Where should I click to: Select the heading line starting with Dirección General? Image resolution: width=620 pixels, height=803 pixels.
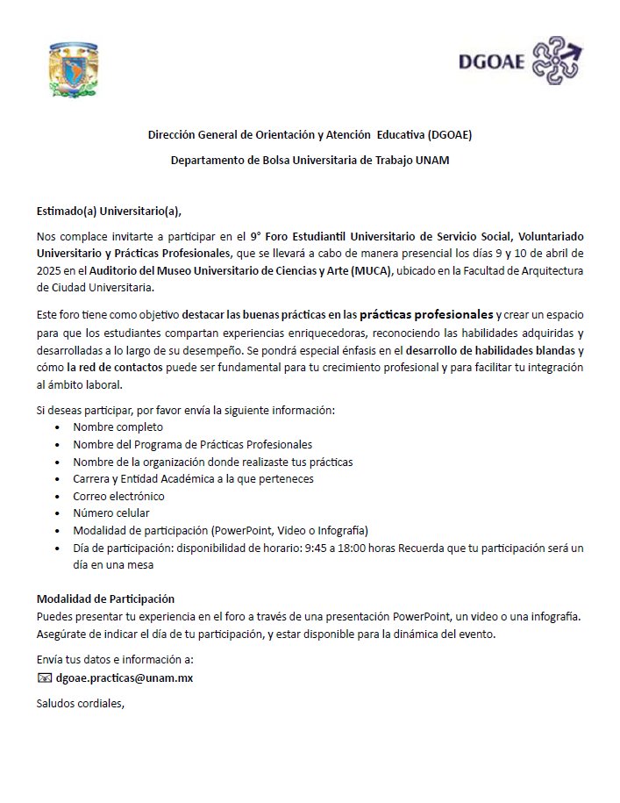pos(310,134)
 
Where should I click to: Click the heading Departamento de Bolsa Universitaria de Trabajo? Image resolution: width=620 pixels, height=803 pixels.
pos(310,161)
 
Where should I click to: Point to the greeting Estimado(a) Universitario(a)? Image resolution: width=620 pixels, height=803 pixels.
pos(113,211)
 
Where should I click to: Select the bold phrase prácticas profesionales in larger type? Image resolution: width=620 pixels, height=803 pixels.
pos(426,313)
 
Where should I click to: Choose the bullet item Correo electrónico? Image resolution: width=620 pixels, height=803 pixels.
pos(118,496)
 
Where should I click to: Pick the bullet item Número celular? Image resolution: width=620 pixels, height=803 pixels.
pos(111,513)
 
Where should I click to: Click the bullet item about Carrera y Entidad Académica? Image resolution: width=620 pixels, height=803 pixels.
pos(193,479)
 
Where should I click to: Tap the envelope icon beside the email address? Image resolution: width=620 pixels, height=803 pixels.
pos(45,678)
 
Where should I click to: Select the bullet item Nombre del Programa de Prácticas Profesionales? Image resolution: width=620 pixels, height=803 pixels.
pos(192,445)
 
